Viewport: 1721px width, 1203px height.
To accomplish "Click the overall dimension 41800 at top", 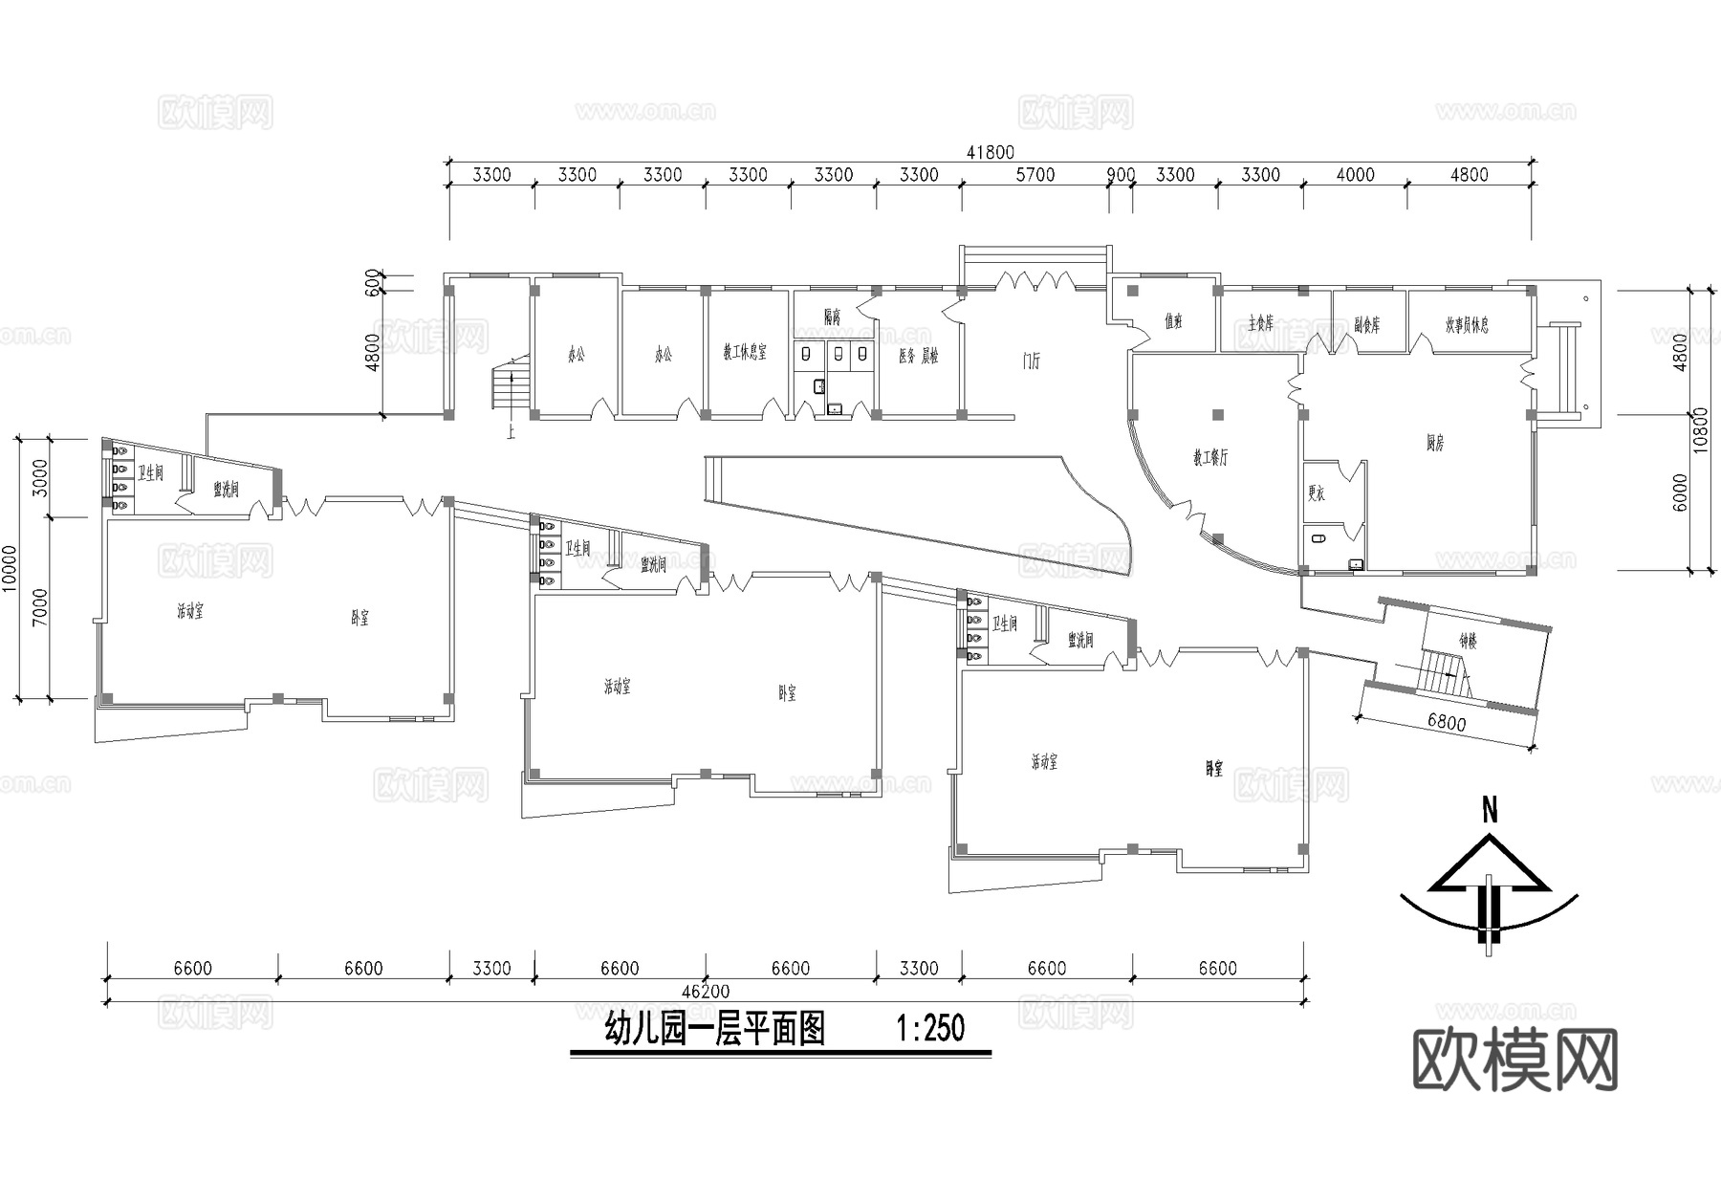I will point(990,152).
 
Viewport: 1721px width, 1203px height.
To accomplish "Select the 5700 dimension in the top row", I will point(1035,175).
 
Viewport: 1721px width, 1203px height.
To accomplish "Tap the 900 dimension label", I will point(1121,175).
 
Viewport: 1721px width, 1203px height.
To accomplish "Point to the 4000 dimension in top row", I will point(1355,175).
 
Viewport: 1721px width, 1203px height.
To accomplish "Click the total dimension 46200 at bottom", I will point(706,991).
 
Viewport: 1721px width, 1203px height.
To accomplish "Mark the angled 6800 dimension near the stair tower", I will point(1447,723).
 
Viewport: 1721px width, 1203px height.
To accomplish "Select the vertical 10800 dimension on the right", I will point(1701,429).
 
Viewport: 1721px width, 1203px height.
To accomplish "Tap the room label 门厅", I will point(1031,361).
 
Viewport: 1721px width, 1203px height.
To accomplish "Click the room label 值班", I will point(1173,322).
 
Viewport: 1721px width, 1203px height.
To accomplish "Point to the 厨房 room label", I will point(1435,443).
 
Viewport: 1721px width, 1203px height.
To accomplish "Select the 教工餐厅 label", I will point(1210,458).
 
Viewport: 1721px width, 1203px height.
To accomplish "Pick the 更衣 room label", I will point(1317,494).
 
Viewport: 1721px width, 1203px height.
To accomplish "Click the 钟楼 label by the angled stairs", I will point(1468,643).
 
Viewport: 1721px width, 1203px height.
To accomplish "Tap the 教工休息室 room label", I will point(745,353).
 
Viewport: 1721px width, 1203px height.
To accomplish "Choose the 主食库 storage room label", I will point(1260,324).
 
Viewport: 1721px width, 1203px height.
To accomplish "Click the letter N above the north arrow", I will point(1489,812).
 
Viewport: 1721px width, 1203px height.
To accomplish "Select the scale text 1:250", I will point(930,1029).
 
